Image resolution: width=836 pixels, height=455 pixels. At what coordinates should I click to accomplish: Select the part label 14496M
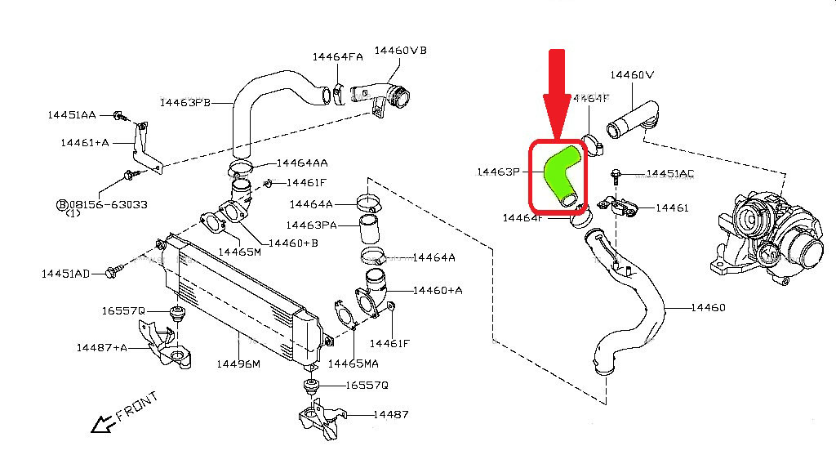tap(238, 363)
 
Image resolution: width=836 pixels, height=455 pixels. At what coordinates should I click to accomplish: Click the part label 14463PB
tap(185, 103)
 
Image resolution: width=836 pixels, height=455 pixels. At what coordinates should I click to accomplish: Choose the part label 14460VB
tap(400, 51)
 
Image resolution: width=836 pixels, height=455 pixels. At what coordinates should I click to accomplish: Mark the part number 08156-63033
tap(108, 203)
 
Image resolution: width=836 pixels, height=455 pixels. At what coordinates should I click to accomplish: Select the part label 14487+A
tap(102, 347)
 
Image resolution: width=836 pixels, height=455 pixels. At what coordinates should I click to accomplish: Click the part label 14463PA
tap(312, 223)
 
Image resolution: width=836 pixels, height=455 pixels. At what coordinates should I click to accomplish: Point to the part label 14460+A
tap(438, 290)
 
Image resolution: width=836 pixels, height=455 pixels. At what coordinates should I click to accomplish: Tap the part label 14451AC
tap(669, 174)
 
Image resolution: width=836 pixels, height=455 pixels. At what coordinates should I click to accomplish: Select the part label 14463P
tap(498, 172)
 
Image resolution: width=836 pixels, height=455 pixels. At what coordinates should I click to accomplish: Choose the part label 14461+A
tap(84, 143)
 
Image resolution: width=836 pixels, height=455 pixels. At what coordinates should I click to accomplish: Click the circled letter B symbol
tap(61, 203)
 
